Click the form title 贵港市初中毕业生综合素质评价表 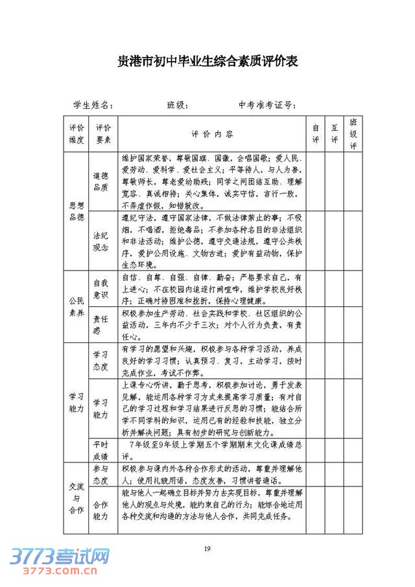click(207, 62)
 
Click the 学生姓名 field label click(93, 105)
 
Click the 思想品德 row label click(77, 211)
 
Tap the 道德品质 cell click(101, 181)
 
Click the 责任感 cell click(101, 324)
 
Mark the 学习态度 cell click(101, 361)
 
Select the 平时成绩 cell click(101, 449)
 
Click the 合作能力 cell click(101, 510)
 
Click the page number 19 click(207, 549)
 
